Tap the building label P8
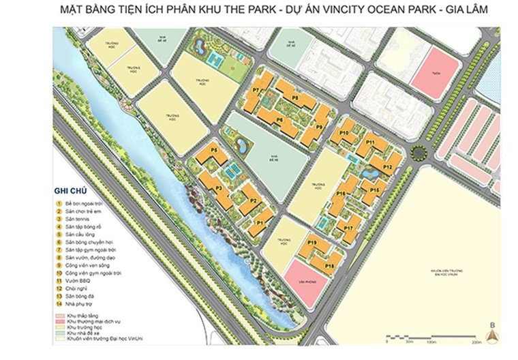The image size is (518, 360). point(295,97)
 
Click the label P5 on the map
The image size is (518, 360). point(213,149)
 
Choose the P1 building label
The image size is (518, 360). point(259,222)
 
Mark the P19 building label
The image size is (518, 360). point(312,242)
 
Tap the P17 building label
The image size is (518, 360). point(348,228)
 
